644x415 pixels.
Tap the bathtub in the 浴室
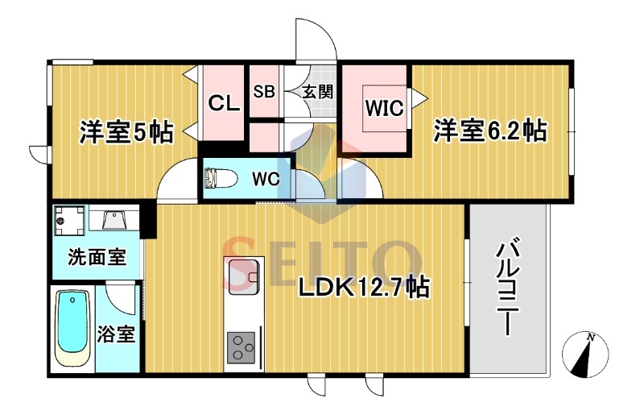coord(72,328)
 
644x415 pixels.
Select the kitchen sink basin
coord(243,276)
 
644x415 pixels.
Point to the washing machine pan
coord(69,221)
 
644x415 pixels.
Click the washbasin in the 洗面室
coord(114,219)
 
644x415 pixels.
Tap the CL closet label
coord(224,103)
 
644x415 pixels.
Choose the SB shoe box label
coord(264,91)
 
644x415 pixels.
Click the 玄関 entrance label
coord(317,92)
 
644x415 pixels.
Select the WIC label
coord(385,108)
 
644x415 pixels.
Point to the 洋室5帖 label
coord(126,131)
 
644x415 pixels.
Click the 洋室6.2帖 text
coord(490,131)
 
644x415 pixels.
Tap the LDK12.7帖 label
coord(364,287)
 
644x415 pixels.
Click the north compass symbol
coord(585,354)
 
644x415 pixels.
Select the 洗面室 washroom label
coord(97,257)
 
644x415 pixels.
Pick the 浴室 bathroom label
coord(116,334)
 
